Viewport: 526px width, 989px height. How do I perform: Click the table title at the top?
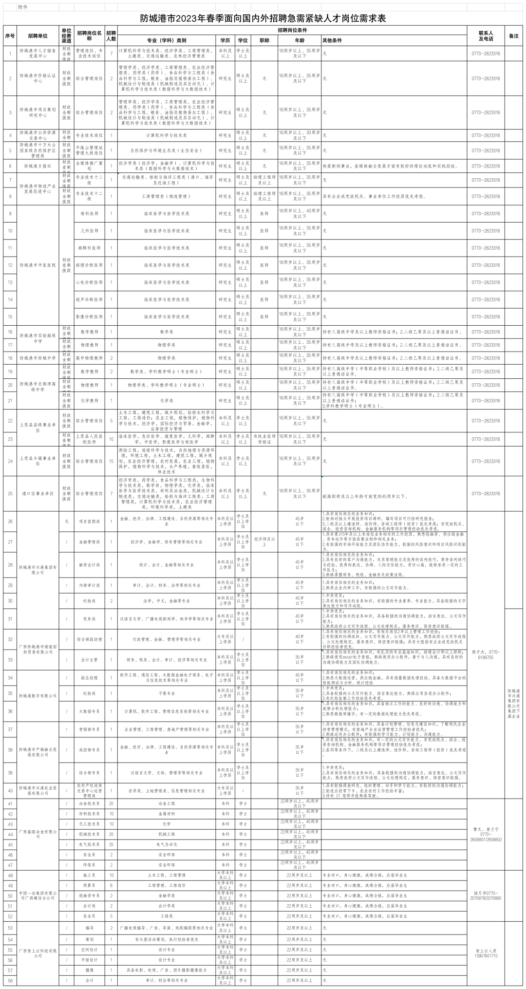pyautogui.click(x=263, y=19)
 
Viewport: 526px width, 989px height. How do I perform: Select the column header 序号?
pyautogui.click(x=10, y=36)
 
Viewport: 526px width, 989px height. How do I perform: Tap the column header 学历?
pyautogui.click(x=225, y=40)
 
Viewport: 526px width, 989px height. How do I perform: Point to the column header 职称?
pyautogui.click(x=264, y=40)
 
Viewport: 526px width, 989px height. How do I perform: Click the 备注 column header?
pyautogui.click(x=513, y=36)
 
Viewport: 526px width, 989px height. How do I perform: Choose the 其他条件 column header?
pyautogui.click(x=333, y=40)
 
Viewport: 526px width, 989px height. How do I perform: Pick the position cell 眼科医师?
pyautogui.click(x=89, y=214)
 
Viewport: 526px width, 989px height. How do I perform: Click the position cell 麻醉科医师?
pyautogui.click(x=89, y=248)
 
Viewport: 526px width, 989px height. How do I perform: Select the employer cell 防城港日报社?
pyautogui.click(x=38, y=166)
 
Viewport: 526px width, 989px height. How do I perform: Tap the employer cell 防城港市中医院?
pyautogui.click(x=38, y=265)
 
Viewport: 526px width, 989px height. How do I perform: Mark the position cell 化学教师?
pyautogui.click(x=89, y=400)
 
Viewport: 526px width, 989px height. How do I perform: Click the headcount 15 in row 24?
pyautogui.click(x=111, y=461)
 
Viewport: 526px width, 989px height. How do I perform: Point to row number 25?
pyautogui.click(x=10, y=493)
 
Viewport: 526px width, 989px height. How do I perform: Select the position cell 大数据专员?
pyautogui.click(x=89, y=711)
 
